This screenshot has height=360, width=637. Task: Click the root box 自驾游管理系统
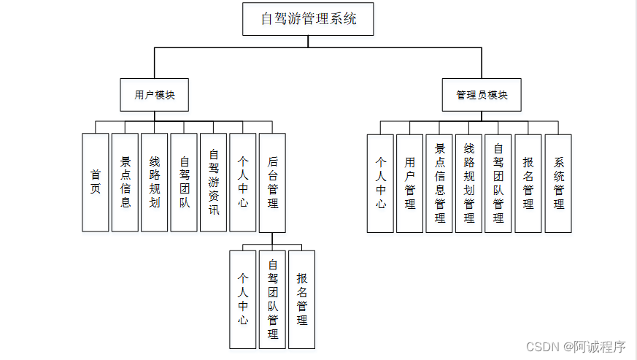click(308, 19)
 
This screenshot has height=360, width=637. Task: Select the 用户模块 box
click(155, 95)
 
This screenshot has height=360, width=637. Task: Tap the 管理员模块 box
click(482, 95)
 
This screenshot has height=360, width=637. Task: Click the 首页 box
click(95, 183)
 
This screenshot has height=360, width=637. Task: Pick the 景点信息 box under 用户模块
click(125, 183)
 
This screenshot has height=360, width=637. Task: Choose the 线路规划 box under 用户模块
click(155, 183)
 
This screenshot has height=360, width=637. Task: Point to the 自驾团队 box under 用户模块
click(184, 183)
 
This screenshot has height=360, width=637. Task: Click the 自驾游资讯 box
click(214, 183)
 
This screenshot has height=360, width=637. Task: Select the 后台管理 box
click(272, 183)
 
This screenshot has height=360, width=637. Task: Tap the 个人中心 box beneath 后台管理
click(242, 299)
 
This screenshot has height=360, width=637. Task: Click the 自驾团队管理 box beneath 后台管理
click(272, 299)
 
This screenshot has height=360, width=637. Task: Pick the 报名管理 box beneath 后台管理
click(301, 299)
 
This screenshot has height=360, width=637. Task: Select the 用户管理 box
click(410, 183)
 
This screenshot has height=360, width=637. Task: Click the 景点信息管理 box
click(439, 183)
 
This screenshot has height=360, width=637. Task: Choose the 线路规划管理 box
click(468, 183)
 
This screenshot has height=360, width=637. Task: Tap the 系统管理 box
click(558, 183)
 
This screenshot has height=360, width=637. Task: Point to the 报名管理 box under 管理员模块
click(528, 183)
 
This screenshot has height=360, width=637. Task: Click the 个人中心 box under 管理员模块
click(380, 183)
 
